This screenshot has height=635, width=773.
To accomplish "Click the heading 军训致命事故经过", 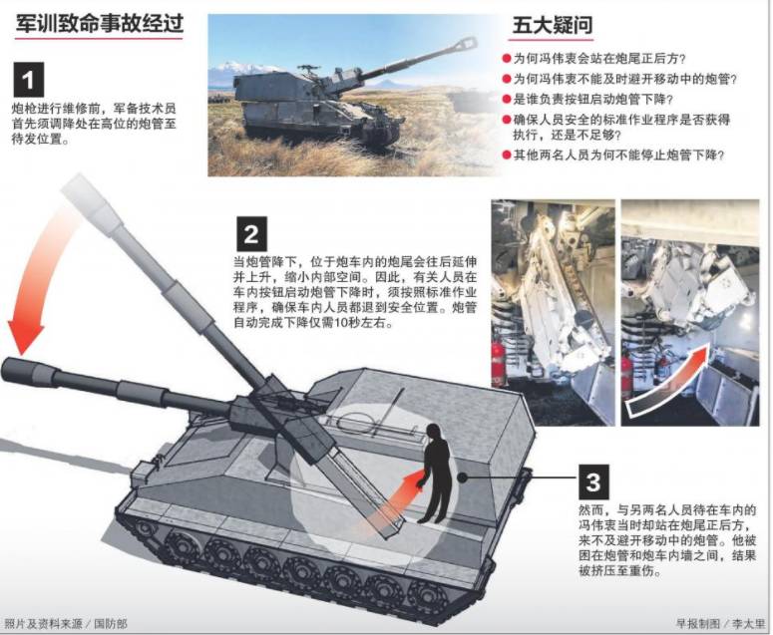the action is coord(100,23).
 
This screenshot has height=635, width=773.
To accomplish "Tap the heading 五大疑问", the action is coord(553,25).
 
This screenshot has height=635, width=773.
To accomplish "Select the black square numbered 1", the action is coord(29,80).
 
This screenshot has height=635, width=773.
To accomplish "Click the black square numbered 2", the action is coord(252,233).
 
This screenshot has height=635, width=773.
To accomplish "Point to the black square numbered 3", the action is coord(593,481).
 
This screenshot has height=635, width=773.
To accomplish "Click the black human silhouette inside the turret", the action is coord(436,473).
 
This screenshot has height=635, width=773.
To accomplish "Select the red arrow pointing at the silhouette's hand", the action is coord(394,502).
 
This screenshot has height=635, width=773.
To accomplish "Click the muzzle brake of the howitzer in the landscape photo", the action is coord(466,44).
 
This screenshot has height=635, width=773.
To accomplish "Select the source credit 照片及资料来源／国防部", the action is coord(66,624).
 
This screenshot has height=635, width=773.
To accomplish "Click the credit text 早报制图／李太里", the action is coord(720,624).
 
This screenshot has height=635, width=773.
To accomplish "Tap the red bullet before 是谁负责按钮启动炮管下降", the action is coord(507,99).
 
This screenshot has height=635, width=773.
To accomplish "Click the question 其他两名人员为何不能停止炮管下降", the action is coord(618,156).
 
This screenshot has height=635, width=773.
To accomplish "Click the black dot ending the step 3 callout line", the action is coord(462,476).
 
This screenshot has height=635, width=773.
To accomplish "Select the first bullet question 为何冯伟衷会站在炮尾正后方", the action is coord(599,59).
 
